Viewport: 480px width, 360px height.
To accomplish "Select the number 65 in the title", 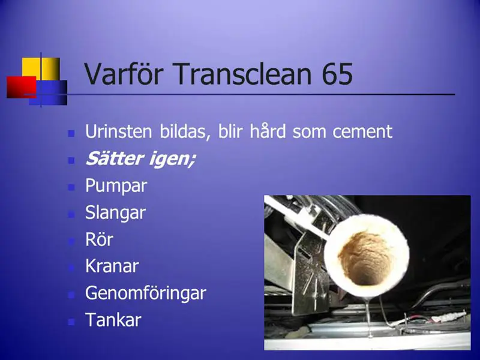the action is (338, 74).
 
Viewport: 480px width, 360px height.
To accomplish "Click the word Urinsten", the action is (118, 131).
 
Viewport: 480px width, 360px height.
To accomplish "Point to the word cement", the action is (362, 132).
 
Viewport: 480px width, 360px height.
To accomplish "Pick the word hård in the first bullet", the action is (268, 131).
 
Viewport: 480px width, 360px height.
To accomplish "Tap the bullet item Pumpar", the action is (116, 186).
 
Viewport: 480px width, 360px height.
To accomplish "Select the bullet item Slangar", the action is (115, 213).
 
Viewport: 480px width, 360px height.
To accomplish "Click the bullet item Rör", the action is (99, 239).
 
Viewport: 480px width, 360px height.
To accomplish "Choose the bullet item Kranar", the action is (112, 266).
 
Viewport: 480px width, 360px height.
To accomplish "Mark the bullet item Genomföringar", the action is (146, 293).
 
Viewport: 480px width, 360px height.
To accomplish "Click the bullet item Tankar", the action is (113, 320).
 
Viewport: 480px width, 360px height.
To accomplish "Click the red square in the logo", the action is (22, 87).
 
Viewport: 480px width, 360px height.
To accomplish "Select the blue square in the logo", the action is (50, 93).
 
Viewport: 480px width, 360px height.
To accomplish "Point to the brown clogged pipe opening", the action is (365, 259).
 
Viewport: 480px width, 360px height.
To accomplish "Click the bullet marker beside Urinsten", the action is (71, 133).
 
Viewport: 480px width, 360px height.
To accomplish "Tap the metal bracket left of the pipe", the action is (308, 272).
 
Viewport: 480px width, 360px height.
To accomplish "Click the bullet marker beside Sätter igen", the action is (71, 160).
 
